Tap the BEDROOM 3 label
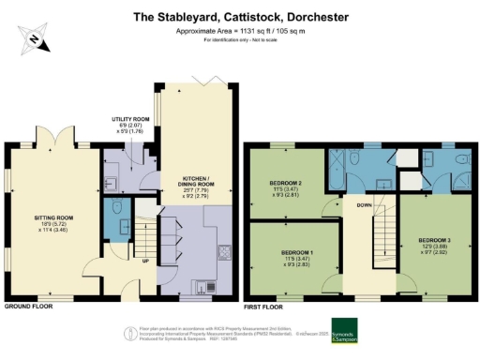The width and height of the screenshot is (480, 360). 436,245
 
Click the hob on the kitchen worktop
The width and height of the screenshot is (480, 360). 224,250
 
